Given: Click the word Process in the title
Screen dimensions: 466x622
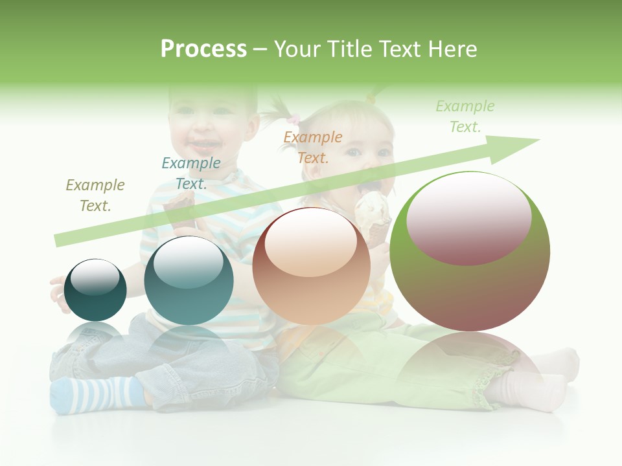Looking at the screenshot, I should [203, 49].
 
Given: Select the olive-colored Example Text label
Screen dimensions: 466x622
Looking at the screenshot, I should [95, 195].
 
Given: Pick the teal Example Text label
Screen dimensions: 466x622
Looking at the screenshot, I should [191, 173].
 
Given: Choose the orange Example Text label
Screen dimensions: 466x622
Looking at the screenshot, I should [313, 147].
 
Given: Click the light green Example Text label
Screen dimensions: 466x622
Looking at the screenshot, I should [465, 116].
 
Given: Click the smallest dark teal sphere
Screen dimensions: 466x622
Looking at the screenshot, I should [95, 290].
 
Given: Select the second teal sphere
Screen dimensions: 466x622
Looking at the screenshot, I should [189, 281].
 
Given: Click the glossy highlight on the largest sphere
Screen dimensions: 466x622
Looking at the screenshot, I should [469, 217].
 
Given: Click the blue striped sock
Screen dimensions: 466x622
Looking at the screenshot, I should [97, 394].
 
